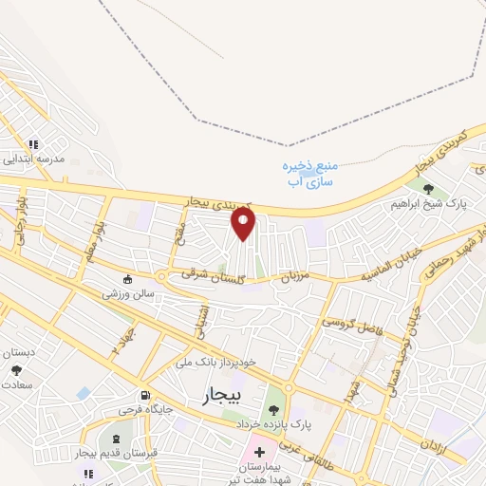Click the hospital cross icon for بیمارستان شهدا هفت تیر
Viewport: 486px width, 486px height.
click(259, 452)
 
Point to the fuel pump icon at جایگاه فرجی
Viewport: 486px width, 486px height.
click(144, 396)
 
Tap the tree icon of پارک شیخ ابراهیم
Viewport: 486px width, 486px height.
click(429, 189)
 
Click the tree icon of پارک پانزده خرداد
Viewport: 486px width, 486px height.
click(274, 409)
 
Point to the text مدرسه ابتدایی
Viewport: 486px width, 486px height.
click(36, 159)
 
